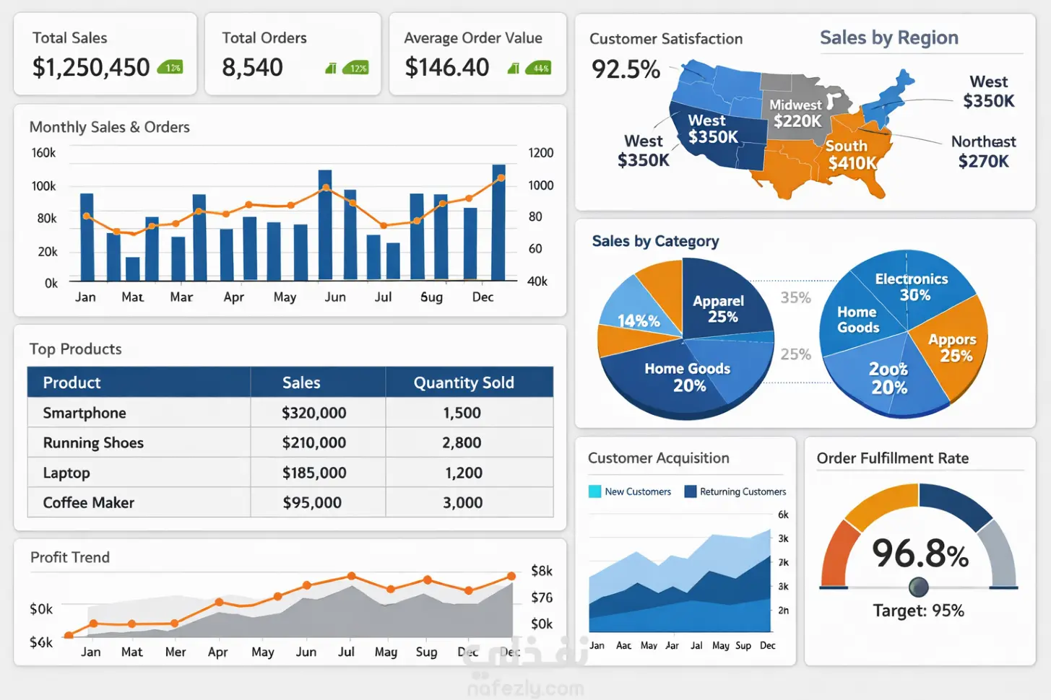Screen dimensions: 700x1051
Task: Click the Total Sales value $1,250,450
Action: click(91, 68)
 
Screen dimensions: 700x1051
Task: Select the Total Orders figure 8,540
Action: click(252, 68)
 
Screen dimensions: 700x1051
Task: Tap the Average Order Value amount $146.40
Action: click(446, 68)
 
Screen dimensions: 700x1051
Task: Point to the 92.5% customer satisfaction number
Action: click(626, 69)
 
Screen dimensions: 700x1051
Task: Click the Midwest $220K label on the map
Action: click(797, 113)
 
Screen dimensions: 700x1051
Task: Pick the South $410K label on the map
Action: click(850, 154)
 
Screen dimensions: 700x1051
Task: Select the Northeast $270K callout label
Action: click(983, 152)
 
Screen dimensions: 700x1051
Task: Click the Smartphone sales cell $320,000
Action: click(313, 413)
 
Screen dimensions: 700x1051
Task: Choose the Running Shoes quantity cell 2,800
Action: click(462, 442)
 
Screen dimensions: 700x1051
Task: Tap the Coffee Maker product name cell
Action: click(89, 502)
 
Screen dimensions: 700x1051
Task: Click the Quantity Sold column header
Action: click(464, 382)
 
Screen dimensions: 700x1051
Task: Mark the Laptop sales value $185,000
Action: click(313, 473)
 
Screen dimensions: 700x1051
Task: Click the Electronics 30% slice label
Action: click(912, 286)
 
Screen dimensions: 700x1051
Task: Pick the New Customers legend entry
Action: click(630, 491)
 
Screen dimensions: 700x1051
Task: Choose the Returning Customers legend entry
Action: click(735, 491)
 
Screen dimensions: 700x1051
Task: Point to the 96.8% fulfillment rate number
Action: click(920, 554)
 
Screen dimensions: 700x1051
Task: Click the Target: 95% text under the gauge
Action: click(918, 611)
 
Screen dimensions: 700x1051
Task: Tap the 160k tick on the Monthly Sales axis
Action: click(43, 153)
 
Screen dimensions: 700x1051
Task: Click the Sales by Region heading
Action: click(888, 38)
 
